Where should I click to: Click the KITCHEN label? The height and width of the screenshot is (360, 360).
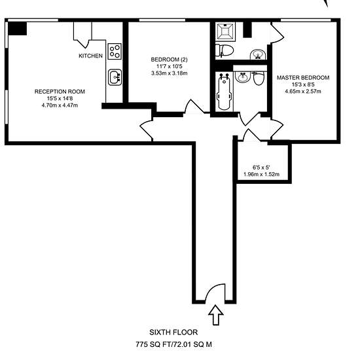tap(90, 56)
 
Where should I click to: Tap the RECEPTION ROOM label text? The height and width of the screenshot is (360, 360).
tap(60, 92)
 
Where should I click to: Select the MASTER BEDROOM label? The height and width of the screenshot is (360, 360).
tap(303, 78)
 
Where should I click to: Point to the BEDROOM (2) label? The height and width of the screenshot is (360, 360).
tap(169, 60)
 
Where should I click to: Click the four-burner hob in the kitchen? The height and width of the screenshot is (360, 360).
tap(115, 52)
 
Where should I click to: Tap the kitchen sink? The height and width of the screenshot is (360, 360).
tap(115, 77)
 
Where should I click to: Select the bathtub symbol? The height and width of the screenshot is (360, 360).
tap(224, 92)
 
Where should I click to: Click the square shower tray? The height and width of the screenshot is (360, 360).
tap(225, 31)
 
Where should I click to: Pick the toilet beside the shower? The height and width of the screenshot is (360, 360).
tap(225, 50)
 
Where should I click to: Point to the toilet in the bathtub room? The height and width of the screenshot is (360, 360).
tap(259, 79)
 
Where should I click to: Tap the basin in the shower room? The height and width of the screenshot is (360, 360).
tap(258, 54)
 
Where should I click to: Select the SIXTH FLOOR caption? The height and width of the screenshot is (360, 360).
tap(173, 333)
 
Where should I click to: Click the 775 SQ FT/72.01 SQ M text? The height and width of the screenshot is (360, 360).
tap(173, 344)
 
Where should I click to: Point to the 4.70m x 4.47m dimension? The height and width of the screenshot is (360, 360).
tap(60, 105)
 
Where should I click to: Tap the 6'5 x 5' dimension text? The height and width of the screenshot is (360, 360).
tap(261, 168)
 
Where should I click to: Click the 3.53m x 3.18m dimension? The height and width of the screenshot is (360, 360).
tap(170, 73)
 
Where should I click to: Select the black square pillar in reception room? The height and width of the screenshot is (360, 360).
tap(18, 29)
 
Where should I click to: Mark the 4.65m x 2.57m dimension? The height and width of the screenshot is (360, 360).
tap(303, 92)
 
